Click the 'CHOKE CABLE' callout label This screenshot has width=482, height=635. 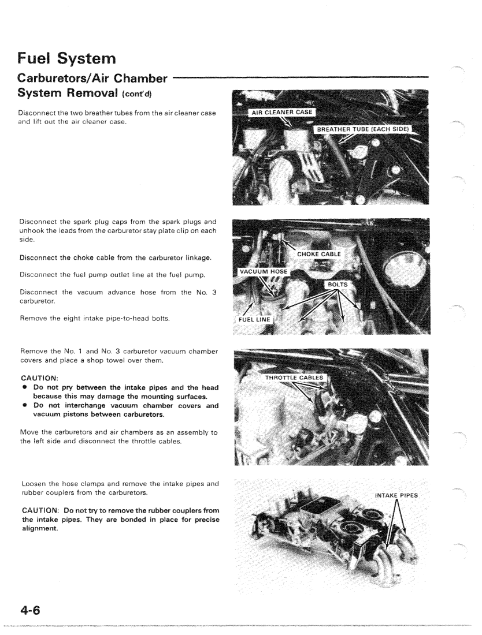(x=318, y=254)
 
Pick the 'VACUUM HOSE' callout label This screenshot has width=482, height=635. (x=263, y=272)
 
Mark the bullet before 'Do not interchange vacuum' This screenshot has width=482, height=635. (x=24, y=405)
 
